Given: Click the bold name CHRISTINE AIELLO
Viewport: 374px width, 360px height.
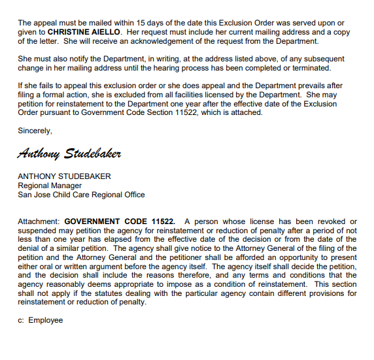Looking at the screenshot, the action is coord(84,31).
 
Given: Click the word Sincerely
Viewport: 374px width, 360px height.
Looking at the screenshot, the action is coord(35,131).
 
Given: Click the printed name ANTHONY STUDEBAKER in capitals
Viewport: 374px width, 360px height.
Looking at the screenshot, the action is coord(64,176).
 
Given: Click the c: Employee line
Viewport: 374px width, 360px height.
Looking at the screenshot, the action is coord(41,320).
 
